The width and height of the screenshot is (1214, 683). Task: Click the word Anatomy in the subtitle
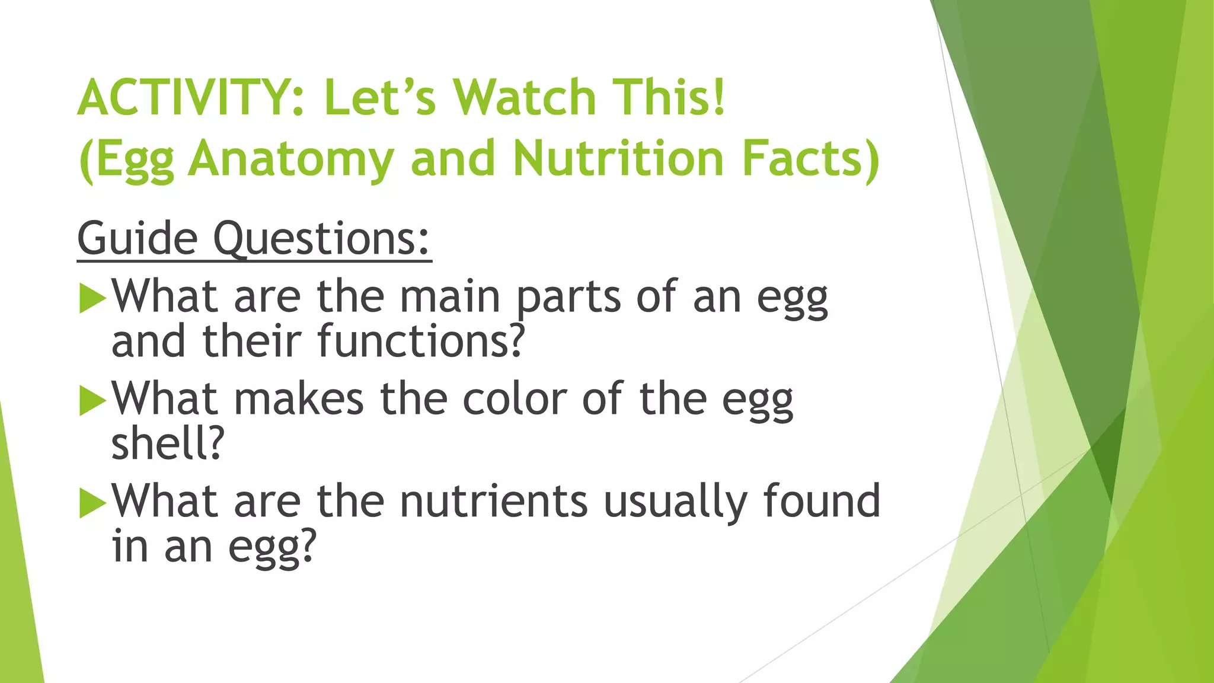[x=290, y=159]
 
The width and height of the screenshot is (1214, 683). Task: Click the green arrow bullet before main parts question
[x=92, y=298]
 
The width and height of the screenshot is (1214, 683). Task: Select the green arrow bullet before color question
[x=92, y=401]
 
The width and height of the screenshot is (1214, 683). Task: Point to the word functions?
[x=421, y=341]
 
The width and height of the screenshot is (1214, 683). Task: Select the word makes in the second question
[x=299, y=399]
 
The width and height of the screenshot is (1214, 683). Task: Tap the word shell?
[x=168, y=444]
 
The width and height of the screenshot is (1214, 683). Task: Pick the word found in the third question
[x=821, y=502]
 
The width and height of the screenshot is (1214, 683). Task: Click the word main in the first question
[x=449, y=296]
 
